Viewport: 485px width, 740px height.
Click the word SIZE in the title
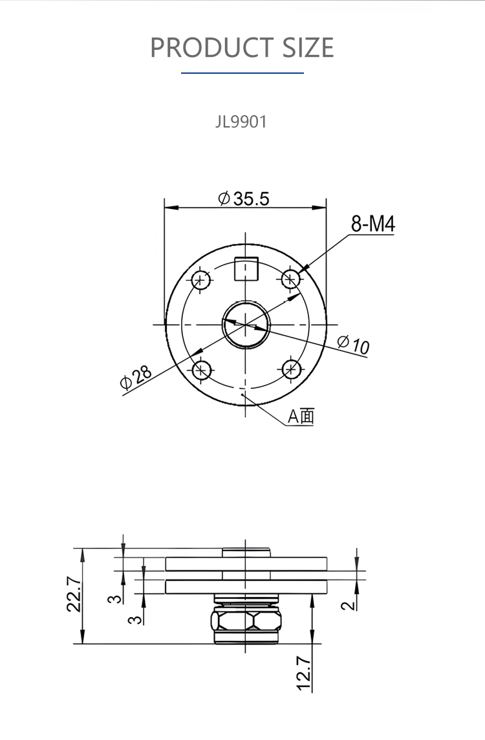[x=308, y=47]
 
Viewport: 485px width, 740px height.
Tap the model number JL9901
[x=241, y=122]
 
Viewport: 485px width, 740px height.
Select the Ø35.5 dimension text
[x=244, y=199]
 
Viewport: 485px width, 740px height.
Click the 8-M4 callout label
[x=372, y=224]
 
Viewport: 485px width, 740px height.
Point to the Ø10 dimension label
[x=353, y=344]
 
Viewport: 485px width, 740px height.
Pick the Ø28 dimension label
[x=136, y=376]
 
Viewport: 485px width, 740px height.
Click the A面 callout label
[x=301, y=417]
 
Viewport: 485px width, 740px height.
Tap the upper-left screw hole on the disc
[x=201, y=280]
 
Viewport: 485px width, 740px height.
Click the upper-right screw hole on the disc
[x=291, y=279]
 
